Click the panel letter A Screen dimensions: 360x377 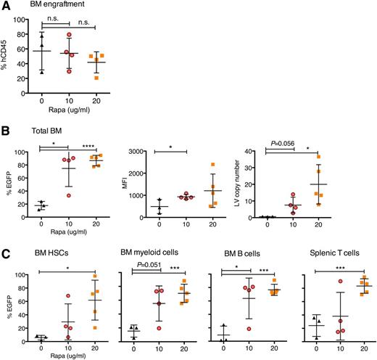(x=6, y=7)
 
